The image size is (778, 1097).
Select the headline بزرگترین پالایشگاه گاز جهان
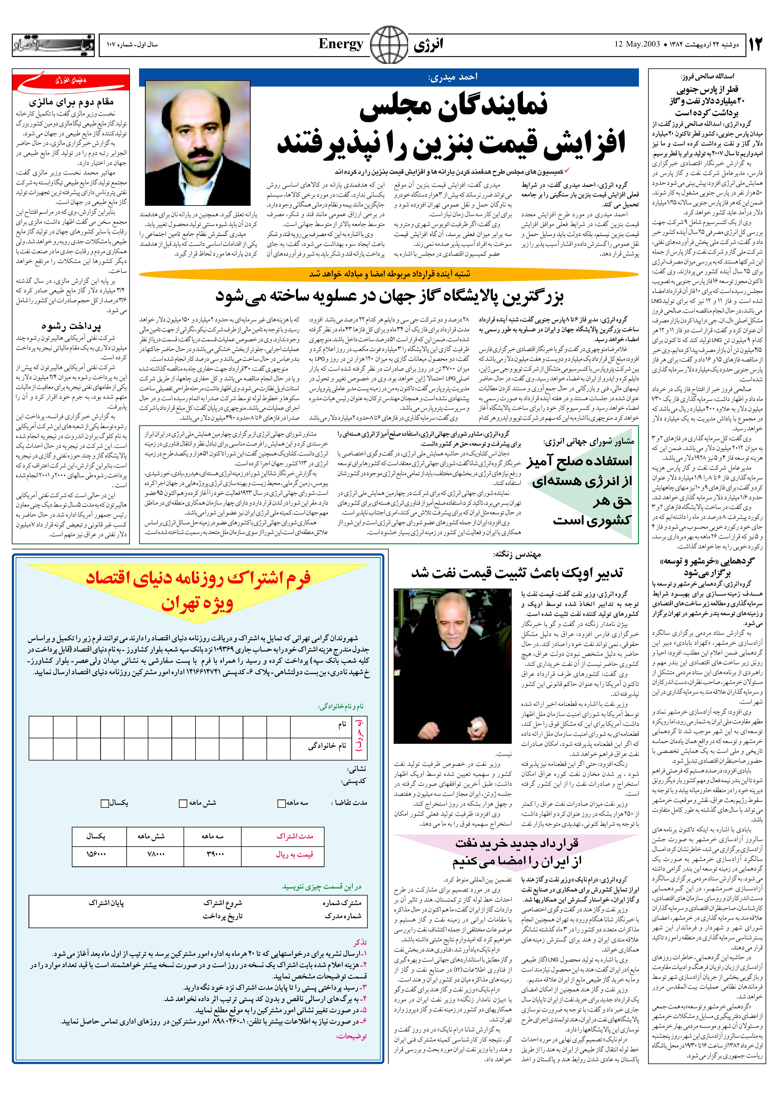pyautogui.click(x=389, y=296)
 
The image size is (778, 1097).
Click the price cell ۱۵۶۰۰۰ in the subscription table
pyautogui.click(x=96, y=854)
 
